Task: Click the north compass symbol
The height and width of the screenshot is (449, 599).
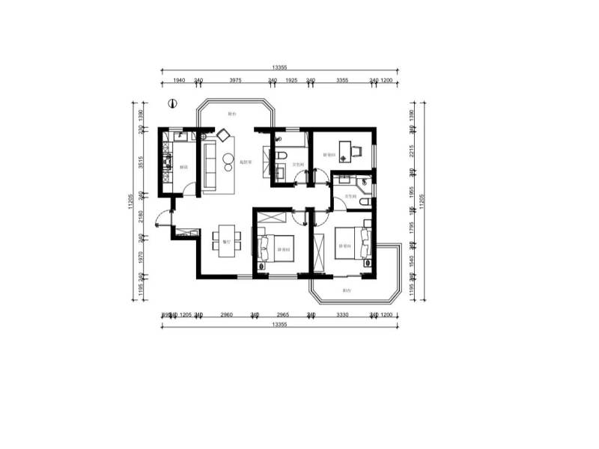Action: pos(171,104)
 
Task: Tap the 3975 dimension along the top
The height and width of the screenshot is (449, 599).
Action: pos(235,79)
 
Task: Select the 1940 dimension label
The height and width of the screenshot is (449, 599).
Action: pos(180,79)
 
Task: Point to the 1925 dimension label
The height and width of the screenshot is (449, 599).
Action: pos(292,79)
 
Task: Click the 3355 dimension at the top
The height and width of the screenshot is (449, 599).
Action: pos(342,79)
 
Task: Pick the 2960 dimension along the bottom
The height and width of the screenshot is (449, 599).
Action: pos(226,316)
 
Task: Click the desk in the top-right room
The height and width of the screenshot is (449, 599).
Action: pos(345,150)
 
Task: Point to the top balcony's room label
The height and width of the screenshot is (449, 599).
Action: pos(232,114)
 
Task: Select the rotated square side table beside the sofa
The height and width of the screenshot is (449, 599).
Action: pos(223,135)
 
